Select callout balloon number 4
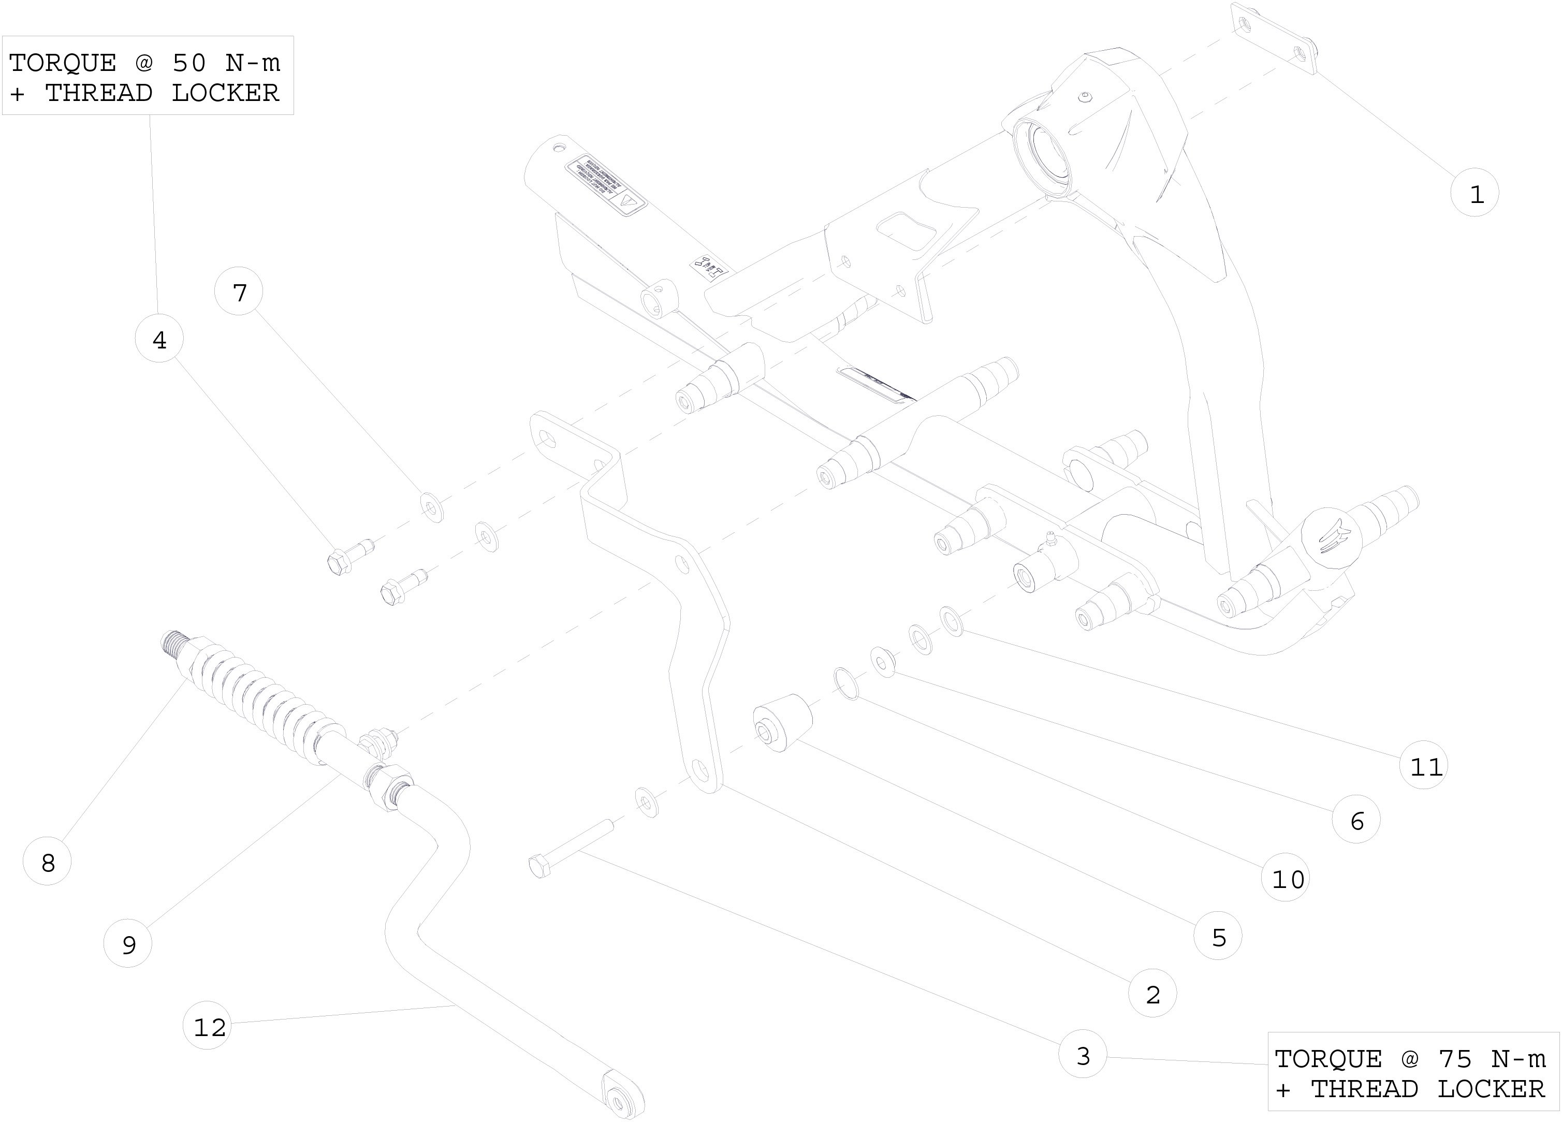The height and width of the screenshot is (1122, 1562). (159, 339)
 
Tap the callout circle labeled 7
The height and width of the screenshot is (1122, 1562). (239, 292)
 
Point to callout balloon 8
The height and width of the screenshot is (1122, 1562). (48, 861)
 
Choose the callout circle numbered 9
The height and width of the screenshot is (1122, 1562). (128, 943)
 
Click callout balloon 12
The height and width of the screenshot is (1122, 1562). (208, 1026)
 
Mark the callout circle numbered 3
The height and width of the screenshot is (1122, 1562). (1083, 1055)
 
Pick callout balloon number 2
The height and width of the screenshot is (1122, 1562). (1152, 993)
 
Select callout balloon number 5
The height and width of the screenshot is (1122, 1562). (1218, 936)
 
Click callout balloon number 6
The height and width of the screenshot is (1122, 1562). (1356, 820)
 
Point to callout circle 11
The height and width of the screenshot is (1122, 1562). (1424, 765)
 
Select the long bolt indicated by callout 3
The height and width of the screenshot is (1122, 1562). (572, 847)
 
